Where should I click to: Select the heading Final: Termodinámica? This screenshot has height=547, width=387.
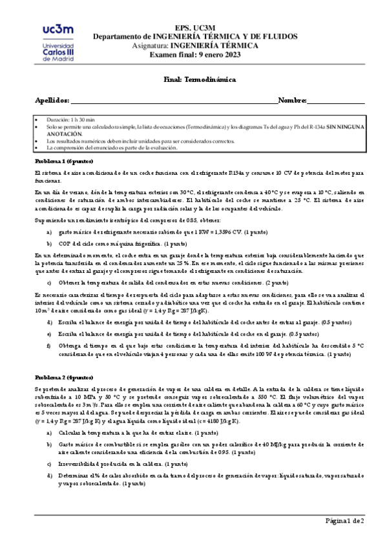[196, 79]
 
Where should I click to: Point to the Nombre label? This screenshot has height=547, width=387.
[291, 100]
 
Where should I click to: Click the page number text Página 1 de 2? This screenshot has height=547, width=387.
[344, 521]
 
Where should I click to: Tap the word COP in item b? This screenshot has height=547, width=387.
[66, 244]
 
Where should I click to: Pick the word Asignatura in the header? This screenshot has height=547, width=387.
[186, 47]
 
